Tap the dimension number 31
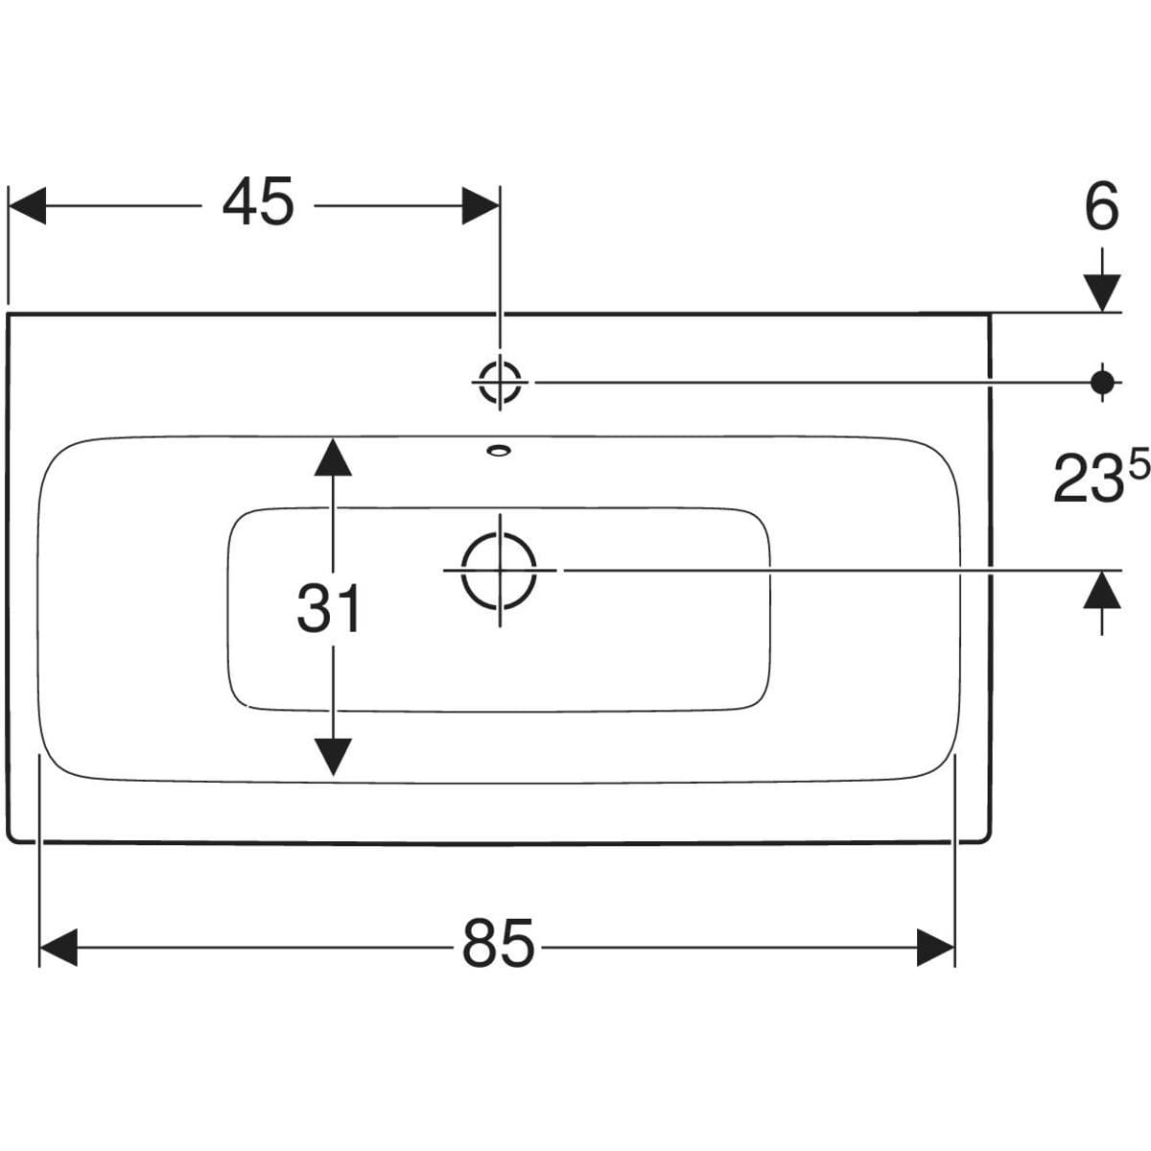click(x=329, y=608)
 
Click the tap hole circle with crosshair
click(x=500, y=382)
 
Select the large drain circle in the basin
click(x=499, y=570)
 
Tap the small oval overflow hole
click(x=499, y=448)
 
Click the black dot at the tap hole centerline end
click(x=1103, y=382)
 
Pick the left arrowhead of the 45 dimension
click(x=27, y=205)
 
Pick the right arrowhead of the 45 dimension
click(x=480, y=205)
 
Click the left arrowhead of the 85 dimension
click(x=58, y=948)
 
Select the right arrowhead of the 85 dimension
click(x=935, y=948)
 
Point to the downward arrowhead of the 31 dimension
click(x=332, y=757)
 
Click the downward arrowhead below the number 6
click(x=1103, y=291)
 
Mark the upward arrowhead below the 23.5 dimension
click(x=1103, y=589)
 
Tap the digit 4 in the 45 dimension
click(x=240, y=204)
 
